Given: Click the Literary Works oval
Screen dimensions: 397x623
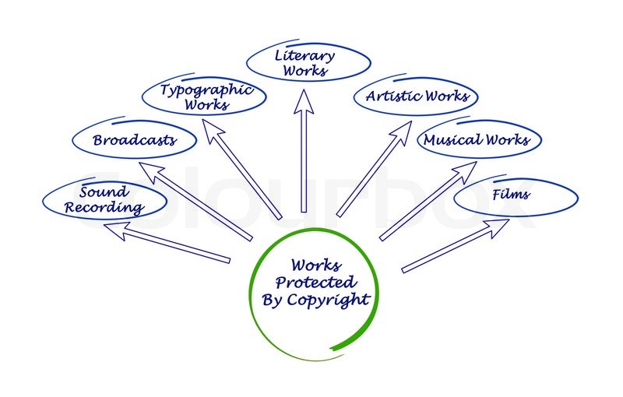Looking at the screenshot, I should coord(308,64).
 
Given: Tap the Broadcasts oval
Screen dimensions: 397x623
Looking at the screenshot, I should coord(134,141).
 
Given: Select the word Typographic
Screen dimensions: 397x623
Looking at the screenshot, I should coord(206,90).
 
